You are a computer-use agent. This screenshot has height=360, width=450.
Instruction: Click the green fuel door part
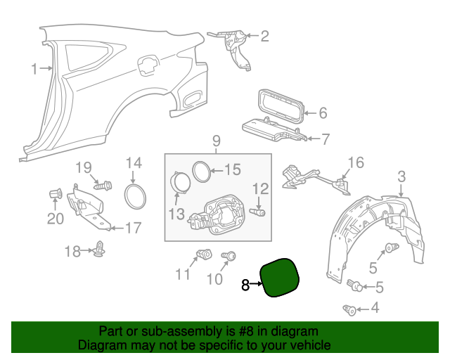coord(281,277)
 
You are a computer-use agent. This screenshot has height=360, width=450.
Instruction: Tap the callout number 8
coord(245,285)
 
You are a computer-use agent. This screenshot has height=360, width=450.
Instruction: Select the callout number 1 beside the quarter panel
coord(34,68)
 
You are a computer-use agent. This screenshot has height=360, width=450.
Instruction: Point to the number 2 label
coord(265,36)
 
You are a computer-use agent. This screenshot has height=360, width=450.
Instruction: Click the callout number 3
coord(401,176)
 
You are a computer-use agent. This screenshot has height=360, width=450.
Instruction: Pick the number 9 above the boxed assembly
coord(217,141)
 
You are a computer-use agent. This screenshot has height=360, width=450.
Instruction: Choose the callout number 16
coord(356,163)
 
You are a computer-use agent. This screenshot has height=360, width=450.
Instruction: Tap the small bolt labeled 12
coord(259,210)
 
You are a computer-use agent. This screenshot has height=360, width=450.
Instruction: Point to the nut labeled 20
coord(54,194)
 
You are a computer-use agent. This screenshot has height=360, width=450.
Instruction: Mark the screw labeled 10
coord(228,257)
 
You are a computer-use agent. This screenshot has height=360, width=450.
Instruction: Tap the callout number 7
coord(325,139)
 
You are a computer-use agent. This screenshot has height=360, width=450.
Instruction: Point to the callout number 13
coord(176,213)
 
